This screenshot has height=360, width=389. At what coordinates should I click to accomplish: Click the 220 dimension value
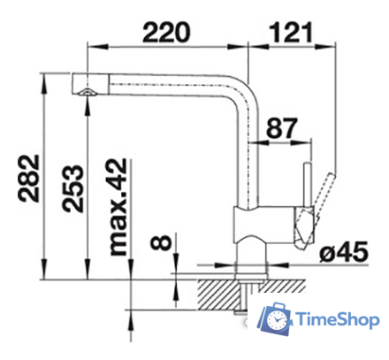[166, 32]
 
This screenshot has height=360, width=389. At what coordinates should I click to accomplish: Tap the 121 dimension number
[291, 32]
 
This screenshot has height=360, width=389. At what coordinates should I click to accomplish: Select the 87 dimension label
[282, 128]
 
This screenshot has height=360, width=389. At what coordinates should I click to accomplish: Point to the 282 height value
[29, 179]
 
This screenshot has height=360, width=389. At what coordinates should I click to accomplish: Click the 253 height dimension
[72, 188]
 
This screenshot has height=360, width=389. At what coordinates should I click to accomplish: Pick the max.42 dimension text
[118, 207]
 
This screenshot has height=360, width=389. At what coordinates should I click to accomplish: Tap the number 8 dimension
[161, 242]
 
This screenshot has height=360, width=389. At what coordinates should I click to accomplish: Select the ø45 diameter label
[344, 252]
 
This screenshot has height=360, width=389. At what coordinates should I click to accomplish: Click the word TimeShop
[338, 319]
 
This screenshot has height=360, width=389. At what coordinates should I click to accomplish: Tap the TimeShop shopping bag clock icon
[275, 318]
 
